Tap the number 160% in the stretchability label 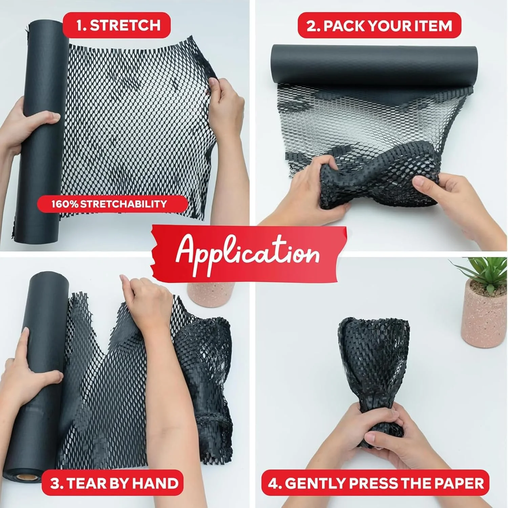[x=65, y=204]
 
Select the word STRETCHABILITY [x=124, y=204]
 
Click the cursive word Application [x=247, y=252]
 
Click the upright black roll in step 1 [x=41, y=130]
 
